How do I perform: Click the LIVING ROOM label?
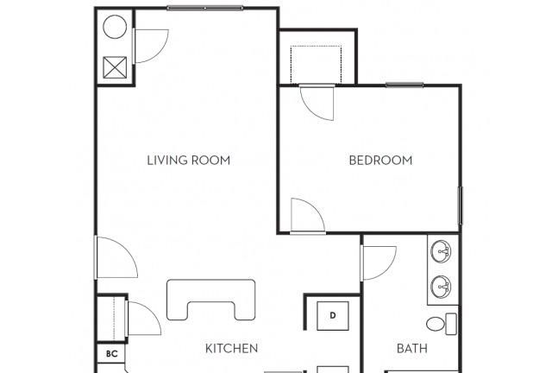click(189, 161)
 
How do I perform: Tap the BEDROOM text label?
click(380, 161)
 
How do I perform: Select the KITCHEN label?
click(231, 348)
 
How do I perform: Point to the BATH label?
click(412, 348)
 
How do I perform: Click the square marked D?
click(333, 315)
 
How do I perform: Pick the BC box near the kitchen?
click(111, 354)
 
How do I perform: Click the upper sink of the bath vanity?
click(441, 251)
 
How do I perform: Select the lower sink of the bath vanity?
click(441, 287)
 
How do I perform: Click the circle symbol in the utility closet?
click(115, 27)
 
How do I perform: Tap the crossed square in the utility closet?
click(115, 67)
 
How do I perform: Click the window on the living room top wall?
click(205, 8)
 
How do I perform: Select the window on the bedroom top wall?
click(405, 85)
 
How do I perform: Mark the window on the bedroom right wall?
click(460, 205)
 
